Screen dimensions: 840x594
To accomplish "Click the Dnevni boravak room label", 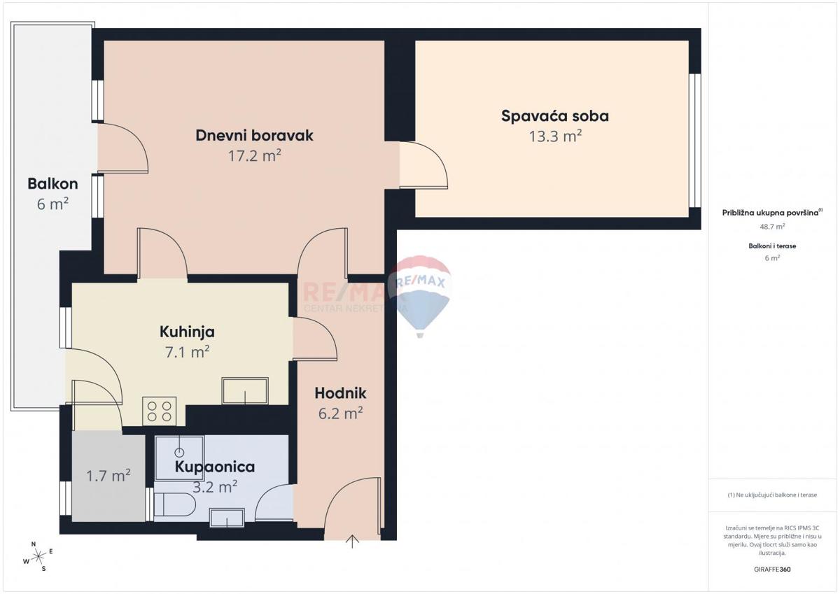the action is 254,135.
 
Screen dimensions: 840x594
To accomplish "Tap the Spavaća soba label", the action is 555,116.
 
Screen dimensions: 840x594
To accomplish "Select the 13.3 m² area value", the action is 555,136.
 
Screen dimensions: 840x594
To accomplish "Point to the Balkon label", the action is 52,183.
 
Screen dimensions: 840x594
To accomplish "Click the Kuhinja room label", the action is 187,332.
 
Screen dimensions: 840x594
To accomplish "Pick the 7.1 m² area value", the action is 187,352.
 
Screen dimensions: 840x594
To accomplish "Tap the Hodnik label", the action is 340,393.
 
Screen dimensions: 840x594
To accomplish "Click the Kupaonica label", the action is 215,467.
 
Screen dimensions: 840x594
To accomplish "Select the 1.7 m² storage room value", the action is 108,476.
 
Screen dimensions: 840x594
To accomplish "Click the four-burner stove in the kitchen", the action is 160,411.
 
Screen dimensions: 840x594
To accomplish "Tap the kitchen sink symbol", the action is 245,390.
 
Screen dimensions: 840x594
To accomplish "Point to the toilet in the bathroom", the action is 175,504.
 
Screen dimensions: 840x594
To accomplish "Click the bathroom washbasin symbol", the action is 227,518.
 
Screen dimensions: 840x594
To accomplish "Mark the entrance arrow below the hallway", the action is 352,542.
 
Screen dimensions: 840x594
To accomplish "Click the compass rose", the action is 38,556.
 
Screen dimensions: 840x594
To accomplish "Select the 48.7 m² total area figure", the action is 772,227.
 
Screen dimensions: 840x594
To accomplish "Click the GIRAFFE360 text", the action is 772,570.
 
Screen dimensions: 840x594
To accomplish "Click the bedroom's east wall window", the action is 695,141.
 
